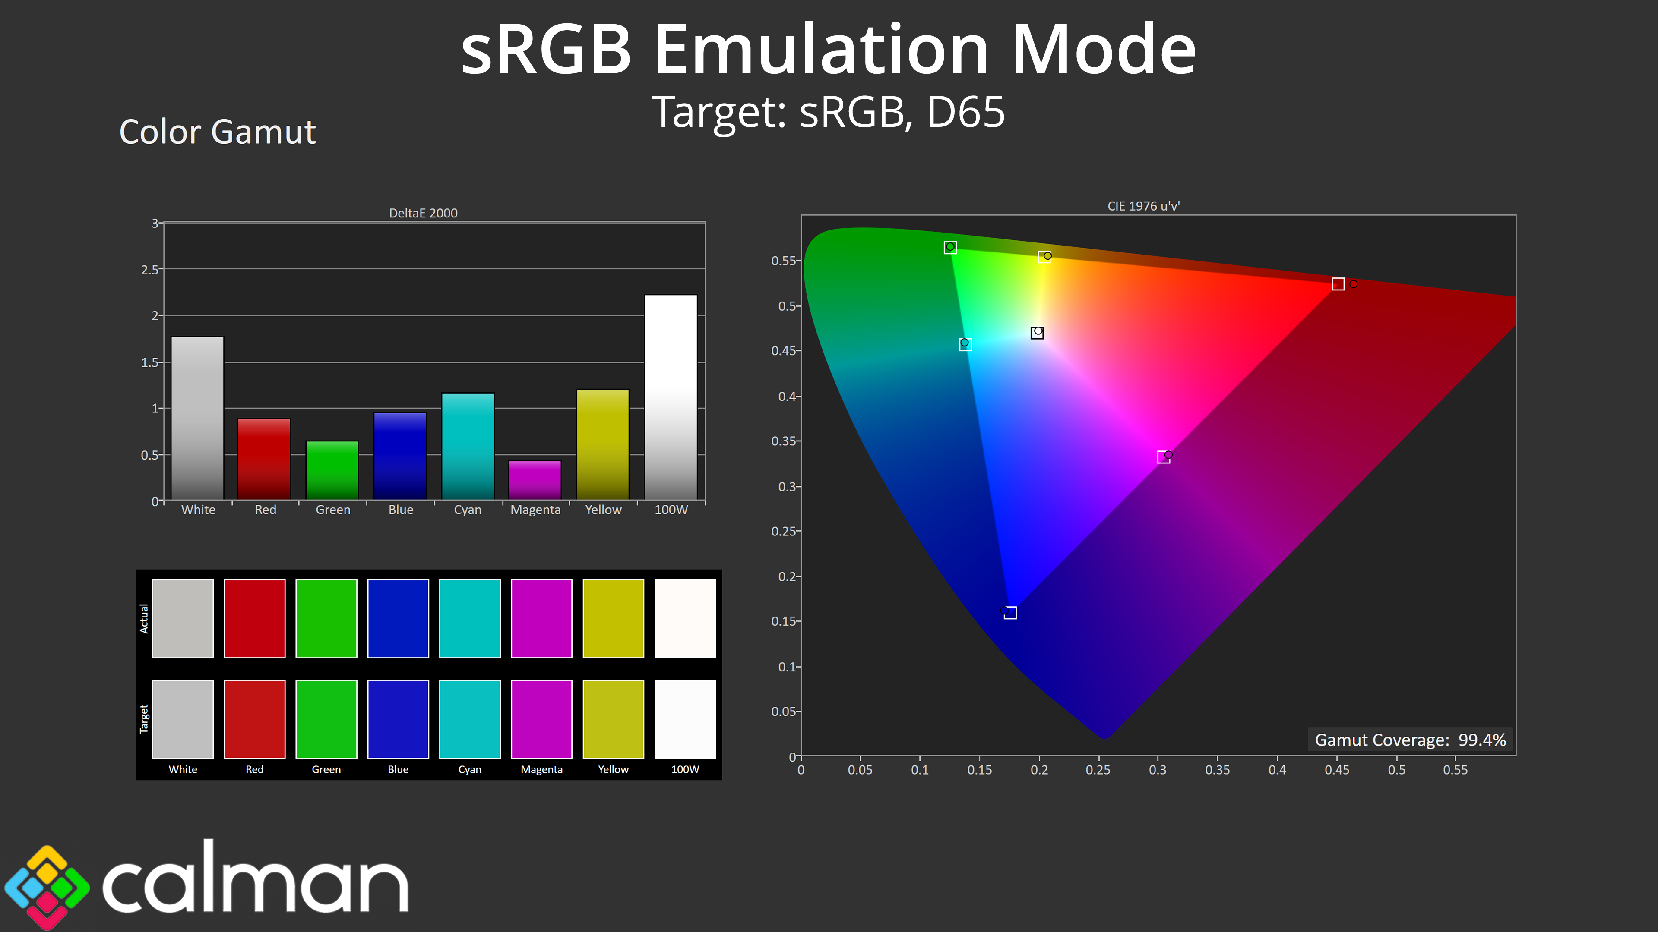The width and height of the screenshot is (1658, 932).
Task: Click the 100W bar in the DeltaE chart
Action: [671, 397]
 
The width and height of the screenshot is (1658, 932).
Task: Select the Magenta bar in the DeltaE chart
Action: [535, 480]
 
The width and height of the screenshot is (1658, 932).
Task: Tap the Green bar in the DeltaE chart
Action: [332, 470]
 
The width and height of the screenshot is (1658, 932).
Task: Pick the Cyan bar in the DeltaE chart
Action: [468, 447]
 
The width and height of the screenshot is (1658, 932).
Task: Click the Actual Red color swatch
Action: [254, 618]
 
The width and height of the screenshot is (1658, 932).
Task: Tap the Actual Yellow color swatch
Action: [614, 618]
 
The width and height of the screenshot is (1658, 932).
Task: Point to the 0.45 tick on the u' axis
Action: [1337, 769]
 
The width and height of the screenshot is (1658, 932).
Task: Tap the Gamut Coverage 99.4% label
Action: [1410, 740]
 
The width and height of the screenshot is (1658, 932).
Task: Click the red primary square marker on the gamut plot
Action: [1338, 283]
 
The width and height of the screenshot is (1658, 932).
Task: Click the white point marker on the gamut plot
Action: [1037, 333]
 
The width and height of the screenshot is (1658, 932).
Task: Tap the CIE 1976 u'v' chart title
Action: [1144, 206]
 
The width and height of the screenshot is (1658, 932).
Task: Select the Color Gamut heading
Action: [218, 132]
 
